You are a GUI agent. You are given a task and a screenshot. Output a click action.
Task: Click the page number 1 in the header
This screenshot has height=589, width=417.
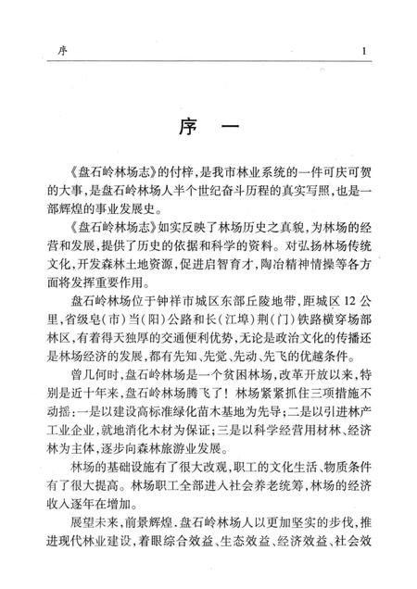click(x=366, y=50)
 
